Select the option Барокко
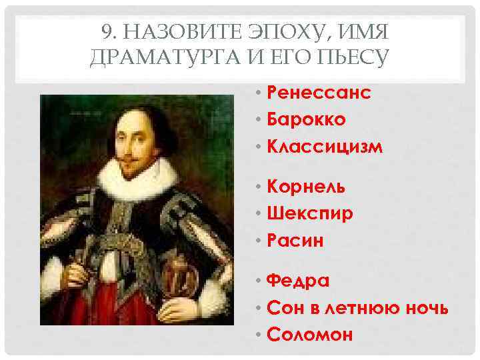tap(306, 119)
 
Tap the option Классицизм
tap(325, 147)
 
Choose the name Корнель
tap(306, 187)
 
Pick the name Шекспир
tap(310, 214)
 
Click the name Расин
tap(295, 241)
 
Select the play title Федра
tap(297, 281)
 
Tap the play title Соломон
tap(309, 335)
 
